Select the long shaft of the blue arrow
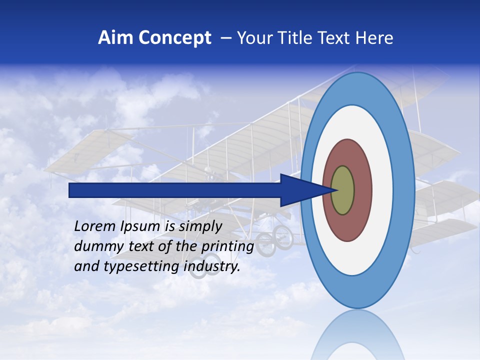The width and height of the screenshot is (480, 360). click(175, 190)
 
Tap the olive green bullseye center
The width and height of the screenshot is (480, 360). click(343, 190)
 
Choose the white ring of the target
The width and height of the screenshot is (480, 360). click(382, 190)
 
